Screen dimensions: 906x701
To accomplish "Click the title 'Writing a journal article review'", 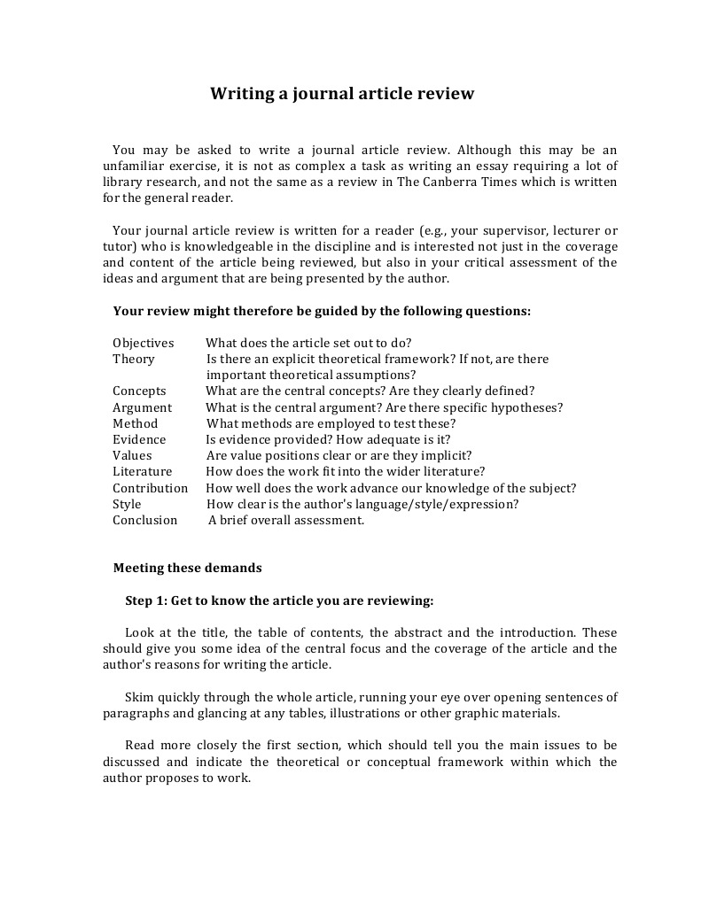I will coord(342,93).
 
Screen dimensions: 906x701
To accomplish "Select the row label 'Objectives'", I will coord(144,343).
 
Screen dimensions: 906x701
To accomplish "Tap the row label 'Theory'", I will coord(133,359).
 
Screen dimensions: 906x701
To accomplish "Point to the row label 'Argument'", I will coord(142,407).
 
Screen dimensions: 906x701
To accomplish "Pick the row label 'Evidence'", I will coord(139,439).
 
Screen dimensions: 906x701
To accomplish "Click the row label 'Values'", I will coord(132,455).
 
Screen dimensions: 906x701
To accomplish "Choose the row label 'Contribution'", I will coord(150,488).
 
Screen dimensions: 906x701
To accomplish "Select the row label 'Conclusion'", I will coord(144,520).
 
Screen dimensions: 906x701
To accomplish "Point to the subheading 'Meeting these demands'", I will coord(187,568).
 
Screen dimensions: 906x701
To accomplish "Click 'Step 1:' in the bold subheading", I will coord(146,600).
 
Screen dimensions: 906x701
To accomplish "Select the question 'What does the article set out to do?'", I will coord(308,343).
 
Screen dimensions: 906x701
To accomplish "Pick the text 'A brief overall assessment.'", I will coord(286,520).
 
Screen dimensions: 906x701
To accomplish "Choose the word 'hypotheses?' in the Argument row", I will coord(529,407).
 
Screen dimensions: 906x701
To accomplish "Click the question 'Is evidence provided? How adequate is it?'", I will coord(328,439).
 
